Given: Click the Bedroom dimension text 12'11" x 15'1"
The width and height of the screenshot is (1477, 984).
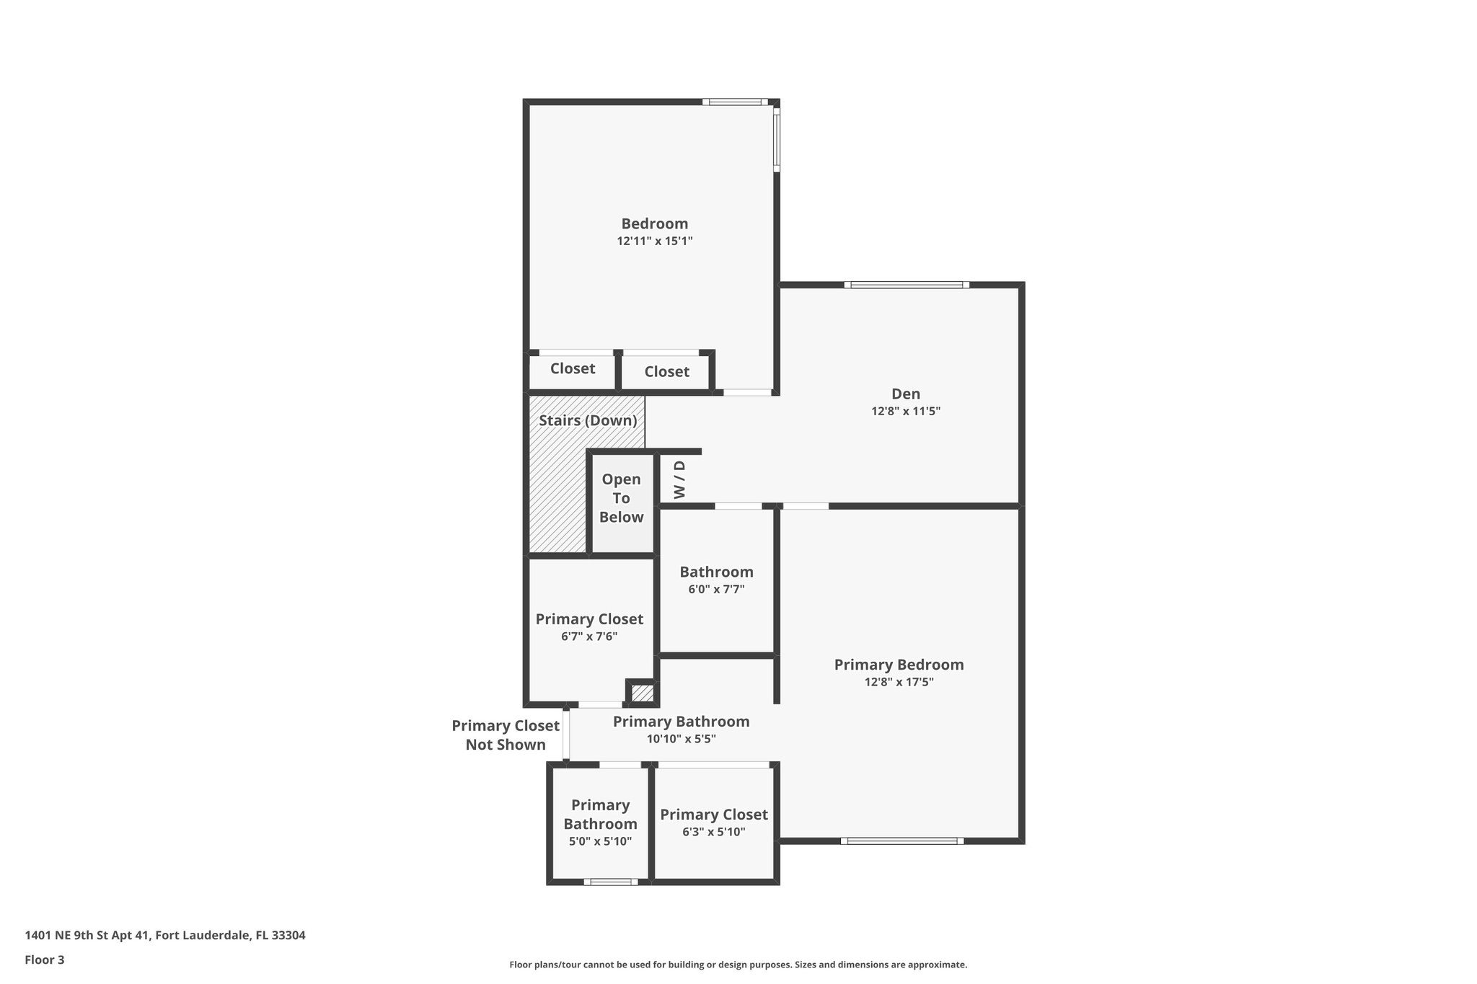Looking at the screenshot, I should [654, 241].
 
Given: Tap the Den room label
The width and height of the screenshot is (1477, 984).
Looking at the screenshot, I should [906, 394].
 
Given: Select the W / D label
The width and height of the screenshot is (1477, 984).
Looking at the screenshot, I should [679, 480].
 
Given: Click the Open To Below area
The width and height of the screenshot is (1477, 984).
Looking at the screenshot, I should [621, 498].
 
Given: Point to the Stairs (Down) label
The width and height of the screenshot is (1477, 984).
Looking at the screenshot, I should [588, 420].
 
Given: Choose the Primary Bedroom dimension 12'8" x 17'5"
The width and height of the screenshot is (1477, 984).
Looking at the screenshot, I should [899, 682].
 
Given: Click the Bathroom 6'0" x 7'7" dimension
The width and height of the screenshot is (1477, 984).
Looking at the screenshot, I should [716, 589].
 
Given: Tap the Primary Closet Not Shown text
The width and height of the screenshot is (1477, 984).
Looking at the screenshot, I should [505, 735].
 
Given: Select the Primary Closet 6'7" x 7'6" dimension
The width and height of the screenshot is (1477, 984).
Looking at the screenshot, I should [589, 637].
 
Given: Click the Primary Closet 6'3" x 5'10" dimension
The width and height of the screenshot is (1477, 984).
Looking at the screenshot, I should [713, 832].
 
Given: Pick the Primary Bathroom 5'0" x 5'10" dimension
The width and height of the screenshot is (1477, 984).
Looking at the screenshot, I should [600, 841].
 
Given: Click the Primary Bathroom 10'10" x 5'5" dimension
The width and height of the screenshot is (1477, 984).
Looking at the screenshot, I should [681, 739].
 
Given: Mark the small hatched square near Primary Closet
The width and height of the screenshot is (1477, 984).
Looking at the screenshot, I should [642, 693].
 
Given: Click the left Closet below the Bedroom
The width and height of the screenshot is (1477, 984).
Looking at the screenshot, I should [573, 368].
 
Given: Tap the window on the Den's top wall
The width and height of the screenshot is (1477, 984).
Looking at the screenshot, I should [907, 285].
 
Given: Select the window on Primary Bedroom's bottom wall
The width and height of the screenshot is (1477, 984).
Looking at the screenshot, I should [901, 841].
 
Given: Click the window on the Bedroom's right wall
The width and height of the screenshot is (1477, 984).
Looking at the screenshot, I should [777, 140].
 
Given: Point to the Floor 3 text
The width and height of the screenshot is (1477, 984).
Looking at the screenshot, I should [45, 959].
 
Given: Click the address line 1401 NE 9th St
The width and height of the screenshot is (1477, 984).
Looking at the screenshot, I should [165, 935].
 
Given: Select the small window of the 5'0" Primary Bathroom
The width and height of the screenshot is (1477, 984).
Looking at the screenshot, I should [610, 882].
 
